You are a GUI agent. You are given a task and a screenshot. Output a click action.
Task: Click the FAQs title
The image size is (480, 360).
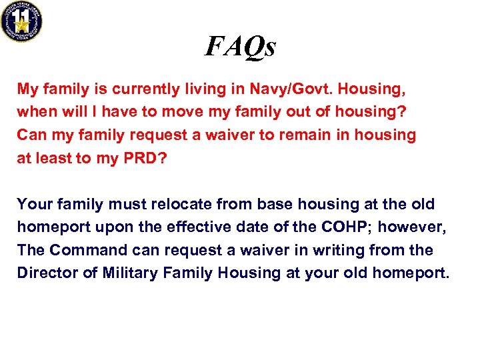240,46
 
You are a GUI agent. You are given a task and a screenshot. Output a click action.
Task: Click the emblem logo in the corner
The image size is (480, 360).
21,21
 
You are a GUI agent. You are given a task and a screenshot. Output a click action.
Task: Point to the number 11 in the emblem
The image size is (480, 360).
21,14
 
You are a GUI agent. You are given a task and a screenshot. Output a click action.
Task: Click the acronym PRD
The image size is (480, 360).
137,158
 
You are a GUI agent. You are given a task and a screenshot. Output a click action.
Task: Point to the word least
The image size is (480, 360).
55,158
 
